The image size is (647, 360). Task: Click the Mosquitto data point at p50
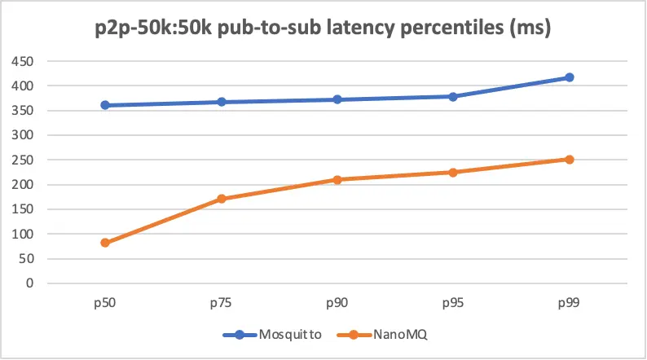105,105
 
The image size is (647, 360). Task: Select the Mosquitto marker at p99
570,77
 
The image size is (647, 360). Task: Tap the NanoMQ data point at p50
105,243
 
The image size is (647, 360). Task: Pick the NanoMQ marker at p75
221,199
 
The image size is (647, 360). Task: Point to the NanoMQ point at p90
337,179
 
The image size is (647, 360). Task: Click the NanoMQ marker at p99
570,160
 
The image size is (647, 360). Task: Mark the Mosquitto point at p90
337,99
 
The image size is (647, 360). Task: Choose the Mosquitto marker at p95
453,96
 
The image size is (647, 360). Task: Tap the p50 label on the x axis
105,302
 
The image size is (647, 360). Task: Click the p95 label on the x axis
453,302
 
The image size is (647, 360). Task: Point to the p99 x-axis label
570,302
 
